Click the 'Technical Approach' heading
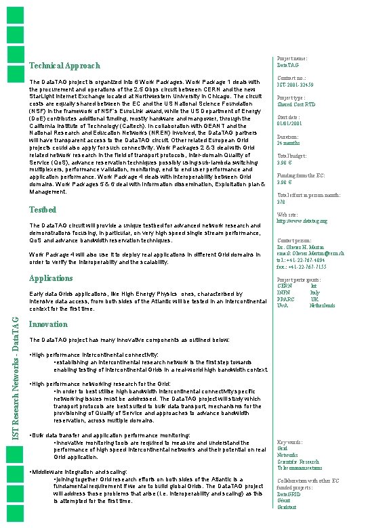(x=65, y=66)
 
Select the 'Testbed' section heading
(x=43, y=210)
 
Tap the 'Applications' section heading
(x=51, y=278)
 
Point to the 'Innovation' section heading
(x=49, y=324)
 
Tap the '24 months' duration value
(x=289, y=143)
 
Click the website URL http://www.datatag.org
(x=302, y=221)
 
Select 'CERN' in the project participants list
(x=285, y=286)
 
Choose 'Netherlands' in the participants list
(x=323, y=305)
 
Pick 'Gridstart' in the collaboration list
(x=287, y=507)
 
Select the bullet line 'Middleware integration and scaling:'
(x=81, y=471)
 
